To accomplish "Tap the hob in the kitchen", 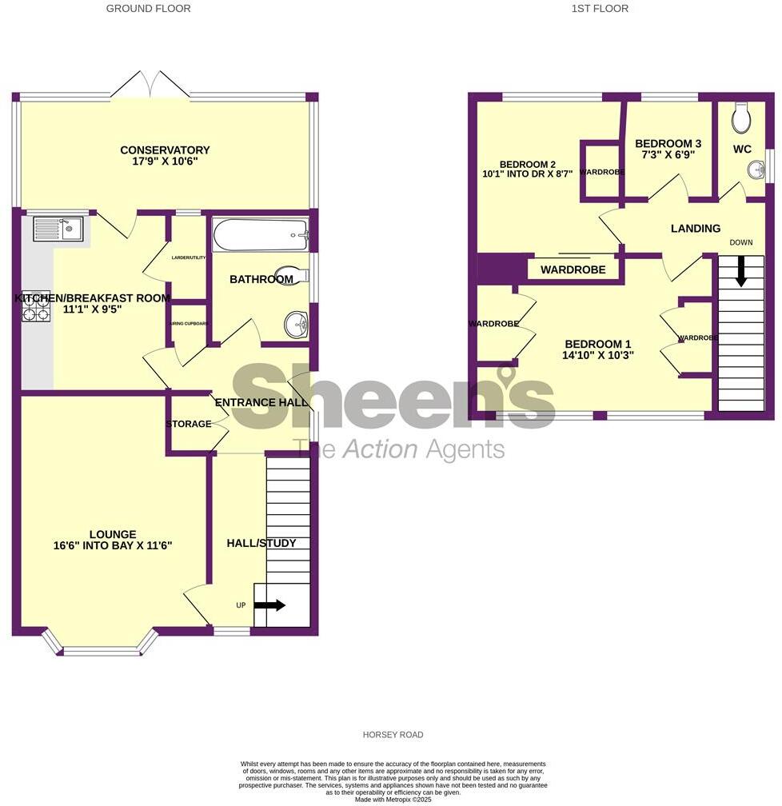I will click(37, 305).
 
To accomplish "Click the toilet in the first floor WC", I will click(740, 120).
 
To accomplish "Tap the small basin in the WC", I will click(755, 170).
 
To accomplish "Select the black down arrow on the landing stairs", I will click(741, 270).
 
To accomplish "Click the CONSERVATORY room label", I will click(165, 150).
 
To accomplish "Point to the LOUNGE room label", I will click(113, 534).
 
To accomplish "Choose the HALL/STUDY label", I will click(261, 543).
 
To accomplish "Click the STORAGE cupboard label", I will click(189, 424).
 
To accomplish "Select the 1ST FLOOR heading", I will click(600, 9).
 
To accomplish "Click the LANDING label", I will click(695, 229).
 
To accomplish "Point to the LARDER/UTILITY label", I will click(188, 257).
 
